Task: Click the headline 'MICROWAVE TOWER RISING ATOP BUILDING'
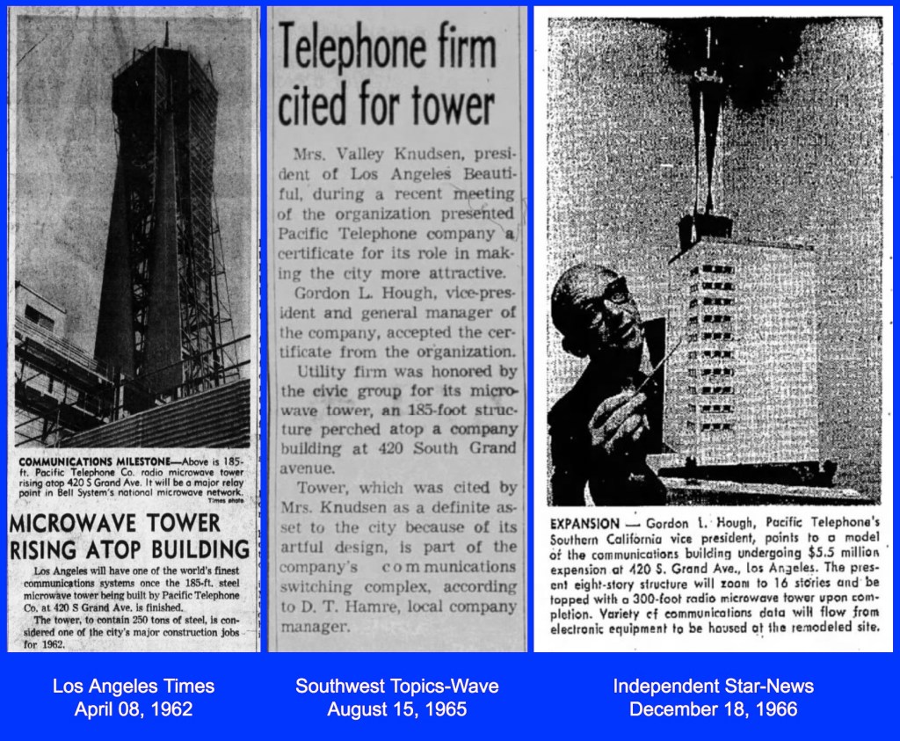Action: click(130, 536)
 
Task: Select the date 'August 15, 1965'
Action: click(396, 708)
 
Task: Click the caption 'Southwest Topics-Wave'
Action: click(396, 687)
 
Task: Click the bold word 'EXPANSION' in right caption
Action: click(584, 522)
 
